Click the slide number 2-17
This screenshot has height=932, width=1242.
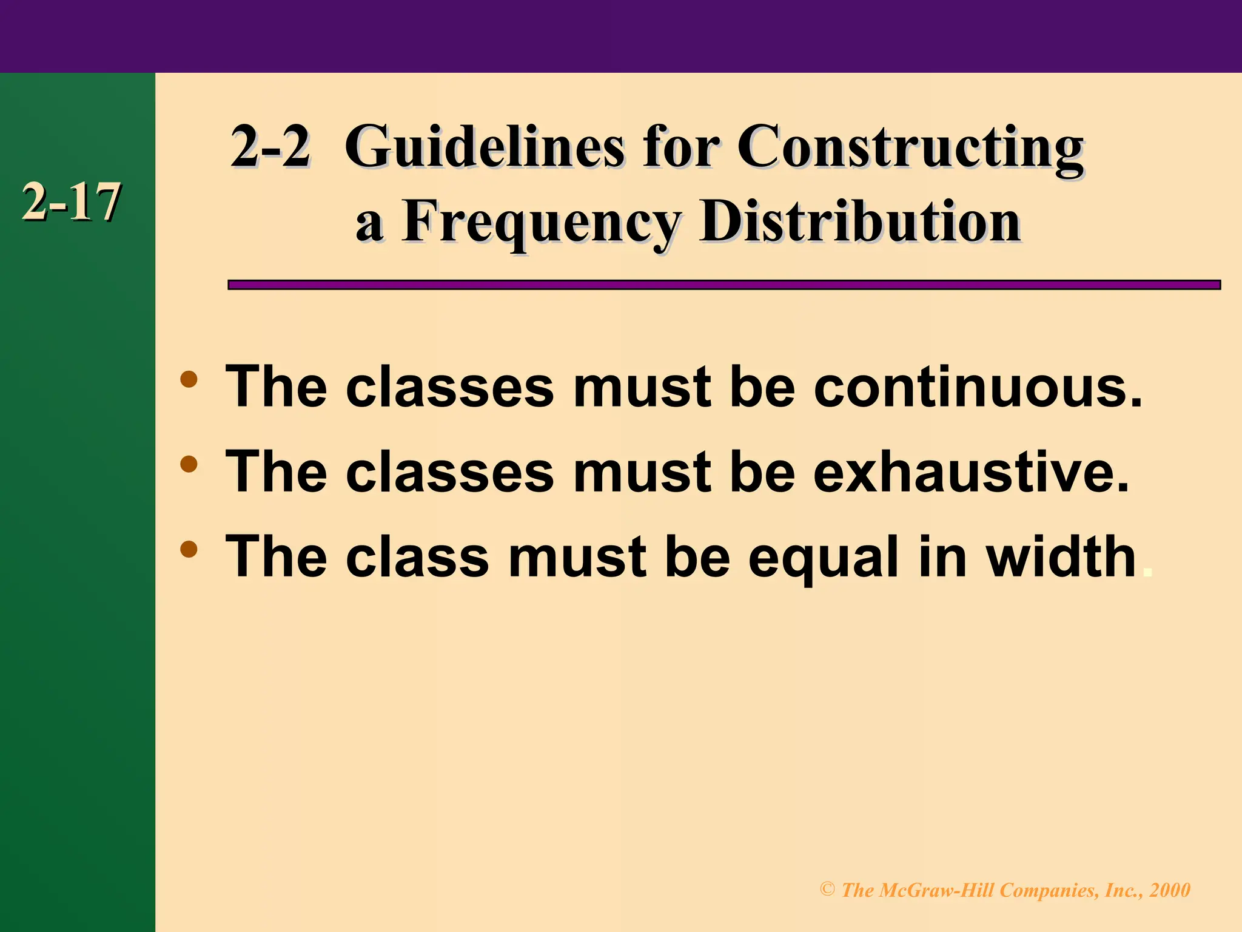click(x=71, y=203)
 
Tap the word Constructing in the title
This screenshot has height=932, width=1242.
click(x=910, y=148)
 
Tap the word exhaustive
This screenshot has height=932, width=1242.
click(x=971, y=472)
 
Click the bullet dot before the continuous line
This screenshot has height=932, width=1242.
click(x=189, y=380)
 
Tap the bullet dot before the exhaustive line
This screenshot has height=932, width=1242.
click(x=189, y=465)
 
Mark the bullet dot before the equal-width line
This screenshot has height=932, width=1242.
click(x=189, y=550)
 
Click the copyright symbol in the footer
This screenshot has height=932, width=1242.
click(x=827, y=890)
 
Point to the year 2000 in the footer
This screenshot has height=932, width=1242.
click(x=1170, y=890)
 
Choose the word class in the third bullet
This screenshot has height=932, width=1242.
click(x=417, y=557)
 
